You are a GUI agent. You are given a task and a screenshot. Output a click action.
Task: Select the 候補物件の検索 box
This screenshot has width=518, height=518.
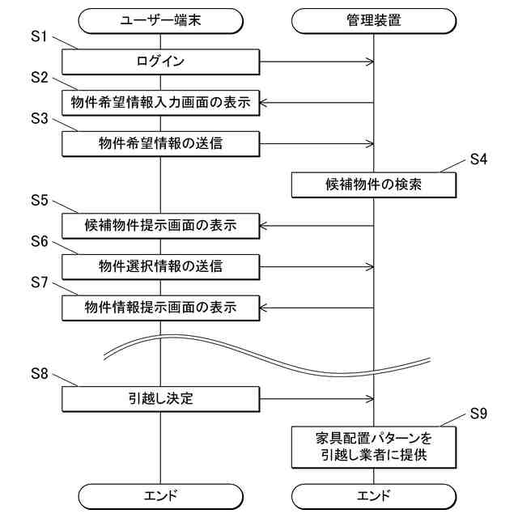(373, 185)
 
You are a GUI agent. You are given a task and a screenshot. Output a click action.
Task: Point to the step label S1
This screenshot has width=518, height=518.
(40, 37)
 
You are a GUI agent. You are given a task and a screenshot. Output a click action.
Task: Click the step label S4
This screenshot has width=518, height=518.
(478, 159)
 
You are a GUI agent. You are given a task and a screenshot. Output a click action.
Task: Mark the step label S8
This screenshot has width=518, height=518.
(40, 373)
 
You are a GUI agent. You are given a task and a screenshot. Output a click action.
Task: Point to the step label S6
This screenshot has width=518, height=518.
(40, 242)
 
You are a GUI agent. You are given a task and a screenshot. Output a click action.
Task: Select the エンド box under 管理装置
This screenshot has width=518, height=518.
(373, 495)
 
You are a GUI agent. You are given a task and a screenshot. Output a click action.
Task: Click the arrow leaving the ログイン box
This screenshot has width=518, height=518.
(316, 61)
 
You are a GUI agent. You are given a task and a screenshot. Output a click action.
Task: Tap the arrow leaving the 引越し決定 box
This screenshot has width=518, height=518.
(316, 397)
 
